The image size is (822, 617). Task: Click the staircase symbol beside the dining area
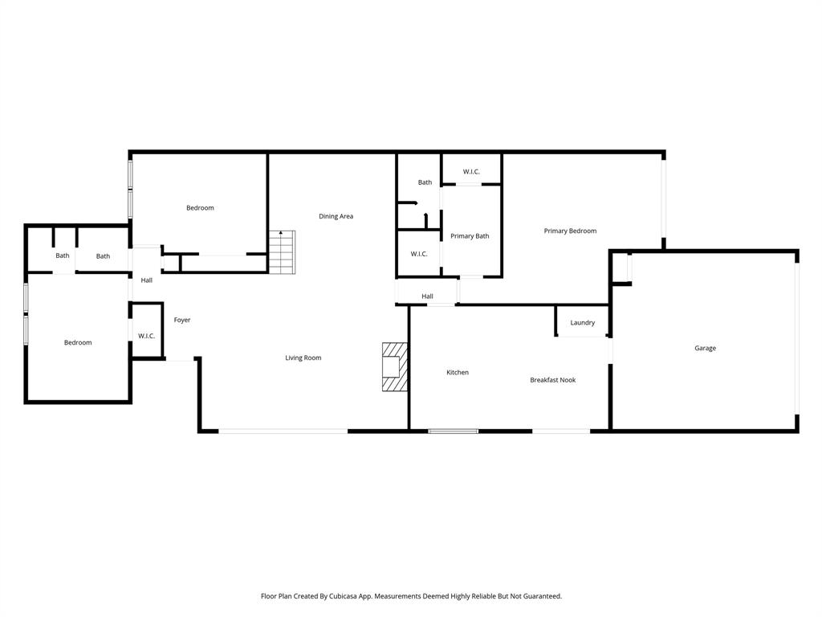point(282,251)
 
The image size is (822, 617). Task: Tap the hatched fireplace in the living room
point(394,367)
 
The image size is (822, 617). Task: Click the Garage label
point(705,348)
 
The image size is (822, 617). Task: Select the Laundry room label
point(582,323)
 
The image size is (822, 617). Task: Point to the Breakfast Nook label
point(552,380)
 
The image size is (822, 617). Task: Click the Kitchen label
point(458,372)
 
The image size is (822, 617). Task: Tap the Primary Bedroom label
point(570,231)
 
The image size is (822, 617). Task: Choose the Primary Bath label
point(470,236)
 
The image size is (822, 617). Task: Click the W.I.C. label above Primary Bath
point(471,171)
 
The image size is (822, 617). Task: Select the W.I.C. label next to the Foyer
point(146,336)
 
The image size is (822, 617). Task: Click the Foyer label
point(182,320)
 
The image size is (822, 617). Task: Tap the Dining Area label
point(336,216)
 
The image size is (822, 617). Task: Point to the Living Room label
point(303,358)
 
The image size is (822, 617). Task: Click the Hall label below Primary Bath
point(427,296)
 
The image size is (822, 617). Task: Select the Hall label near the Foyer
point(147,280)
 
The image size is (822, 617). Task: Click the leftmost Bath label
point(63,255)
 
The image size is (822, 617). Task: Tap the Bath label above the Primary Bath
point(425,182)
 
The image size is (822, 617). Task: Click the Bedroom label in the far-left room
point(78,342)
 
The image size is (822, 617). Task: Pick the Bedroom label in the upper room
point(200,208)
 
